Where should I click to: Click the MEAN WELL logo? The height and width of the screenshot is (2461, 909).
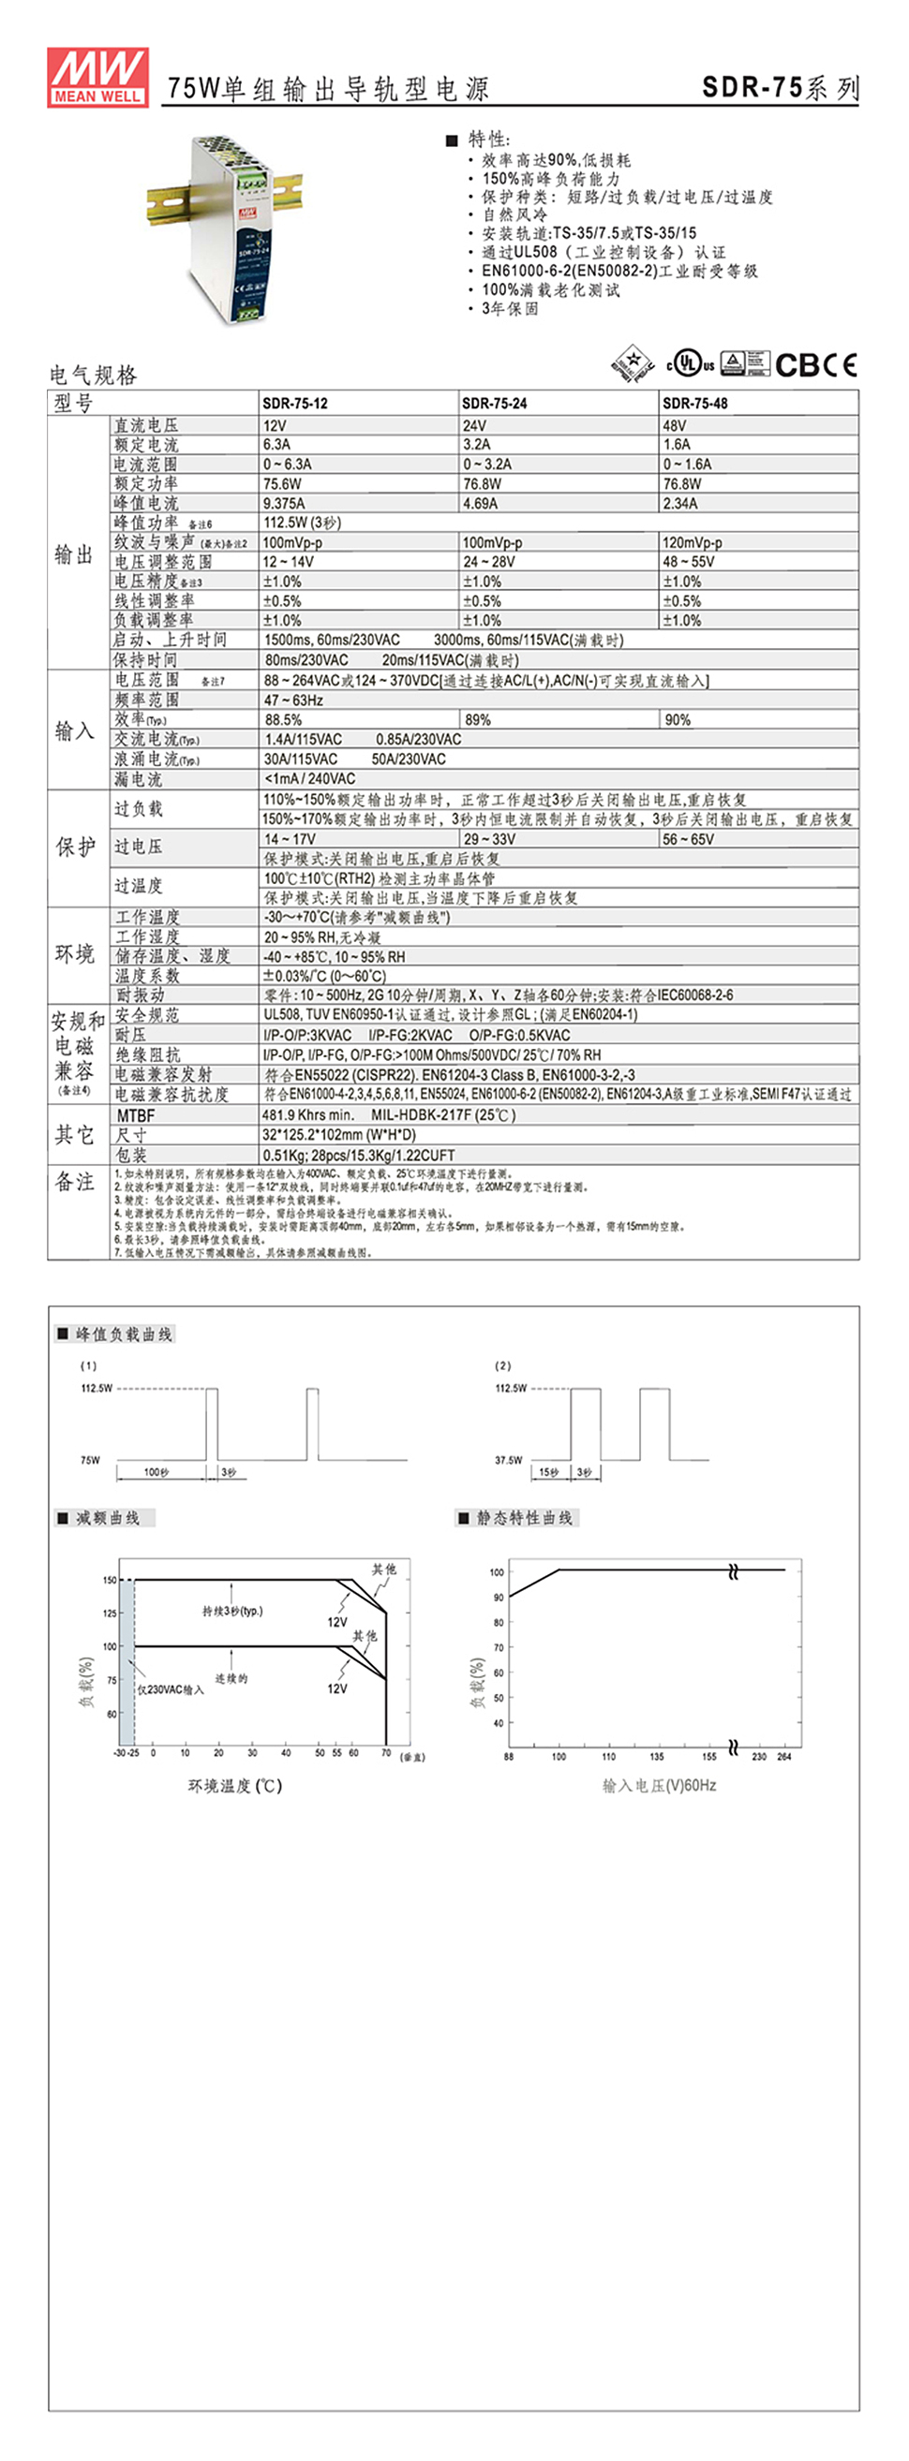97,77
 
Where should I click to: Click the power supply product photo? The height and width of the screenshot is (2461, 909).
226,227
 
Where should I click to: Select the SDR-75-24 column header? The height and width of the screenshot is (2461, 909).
494,404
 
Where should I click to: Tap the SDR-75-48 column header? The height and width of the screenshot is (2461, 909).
695,404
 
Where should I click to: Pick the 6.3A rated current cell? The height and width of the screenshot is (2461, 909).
277,444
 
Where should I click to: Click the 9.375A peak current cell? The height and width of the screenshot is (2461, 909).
285,504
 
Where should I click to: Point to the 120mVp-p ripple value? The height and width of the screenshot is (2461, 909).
693,542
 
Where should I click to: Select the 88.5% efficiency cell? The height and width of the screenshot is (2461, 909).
284,720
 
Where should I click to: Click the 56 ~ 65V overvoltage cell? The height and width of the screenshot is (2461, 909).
688,840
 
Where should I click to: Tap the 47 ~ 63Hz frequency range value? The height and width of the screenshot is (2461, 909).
294,700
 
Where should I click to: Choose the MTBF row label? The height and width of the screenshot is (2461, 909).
136,1115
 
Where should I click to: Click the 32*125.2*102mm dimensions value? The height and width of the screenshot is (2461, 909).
339,1135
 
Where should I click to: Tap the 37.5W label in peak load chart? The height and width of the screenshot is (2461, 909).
509,1460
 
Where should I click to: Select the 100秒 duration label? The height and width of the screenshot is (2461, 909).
156,1472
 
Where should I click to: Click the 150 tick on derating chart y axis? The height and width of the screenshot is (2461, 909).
110,1580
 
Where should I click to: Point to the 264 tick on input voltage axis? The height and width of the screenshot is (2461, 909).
784,1756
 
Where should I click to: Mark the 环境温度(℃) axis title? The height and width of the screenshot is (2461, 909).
235,1786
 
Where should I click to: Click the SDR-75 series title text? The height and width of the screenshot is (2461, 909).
780,88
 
